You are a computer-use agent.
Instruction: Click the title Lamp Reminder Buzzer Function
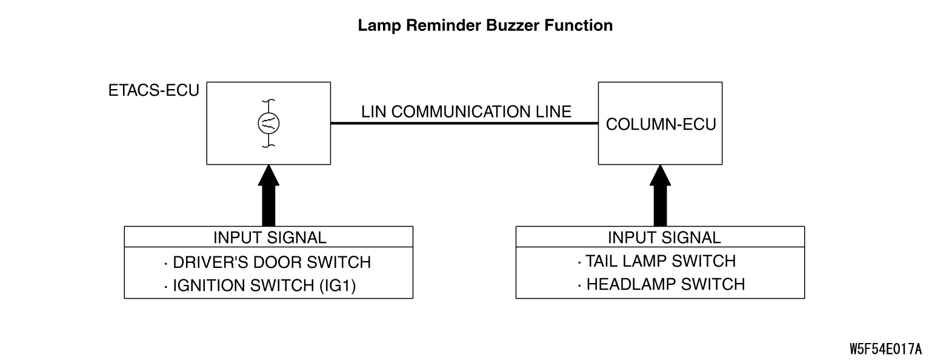(x=485, y=25)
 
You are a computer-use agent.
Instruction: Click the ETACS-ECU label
(x=154, y=90)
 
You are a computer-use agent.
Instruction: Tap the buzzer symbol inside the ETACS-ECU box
(x=268, y=124)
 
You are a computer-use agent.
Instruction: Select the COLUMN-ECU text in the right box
(x=661, y=124)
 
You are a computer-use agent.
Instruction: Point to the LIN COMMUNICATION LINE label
(x=466, y=112)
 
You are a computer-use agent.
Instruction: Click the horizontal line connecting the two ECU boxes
(x=464, y=123)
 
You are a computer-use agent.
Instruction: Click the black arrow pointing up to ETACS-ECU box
(x=268, y=195)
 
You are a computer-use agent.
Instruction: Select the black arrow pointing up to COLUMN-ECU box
(x=661, y=195)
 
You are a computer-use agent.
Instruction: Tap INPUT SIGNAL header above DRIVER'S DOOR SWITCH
(x=270, y=238)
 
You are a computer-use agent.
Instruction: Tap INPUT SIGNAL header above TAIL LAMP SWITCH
(x=664, y=238)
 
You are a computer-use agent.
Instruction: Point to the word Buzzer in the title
(x=512, y=25)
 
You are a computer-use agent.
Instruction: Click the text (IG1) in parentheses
(x=338, y=286)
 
